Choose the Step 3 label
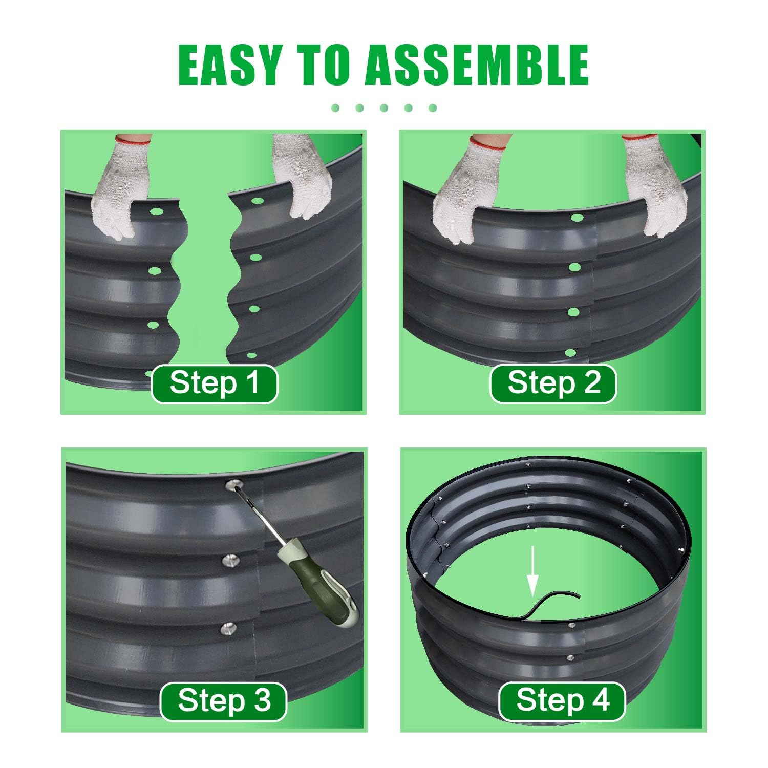pos(223,701)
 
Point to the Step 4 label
pos(562,701)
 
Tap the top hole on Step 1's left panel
pos(156,211)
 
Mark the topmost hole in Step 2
pos(577,218)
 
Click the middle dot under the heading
pos(384,108)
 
